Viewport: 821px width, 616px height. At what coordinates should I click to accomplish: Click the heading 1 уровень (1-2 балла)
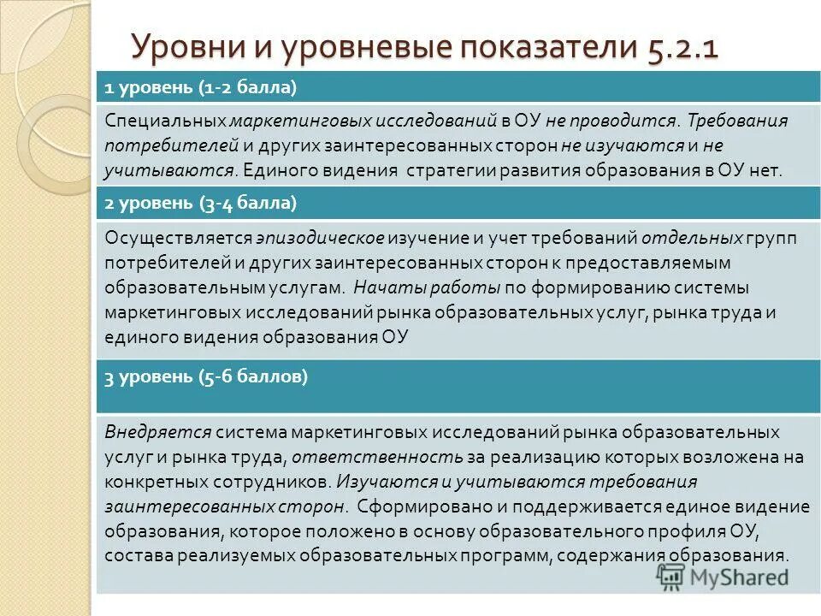(201, 86)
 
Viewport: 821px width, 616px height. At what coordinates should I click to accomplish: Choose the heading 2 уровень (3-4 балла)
(201, 203)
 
